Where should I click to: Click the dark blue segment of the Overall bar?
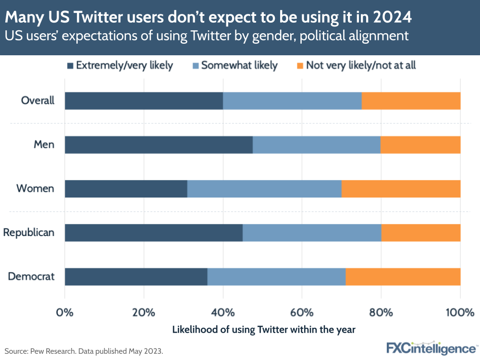[x=144, y=101]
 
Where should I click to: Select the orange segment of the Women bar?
[x=401, y=189]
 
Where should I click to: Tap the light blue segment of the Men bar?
[x=317, y=145]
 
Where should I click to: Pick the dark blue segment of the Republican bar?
[x=153, y=233]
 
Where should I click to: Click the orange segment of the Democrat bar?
[x=403, y=277]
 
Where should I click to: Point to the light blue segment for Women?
[x=264, y=189]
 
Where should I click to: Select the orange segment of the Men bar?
[x=420, y=145]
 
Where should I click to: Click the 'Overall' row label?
[x=37, y=101]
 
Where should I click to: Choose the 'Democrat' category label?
[x=31, y=277]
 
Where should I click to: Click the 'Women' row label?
[x=35, y=189]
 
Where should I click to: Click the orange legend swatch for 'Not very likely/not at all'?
[x=299, y=65]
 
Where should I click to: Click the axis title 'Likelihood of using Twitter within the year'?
[x=263, y=330]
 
